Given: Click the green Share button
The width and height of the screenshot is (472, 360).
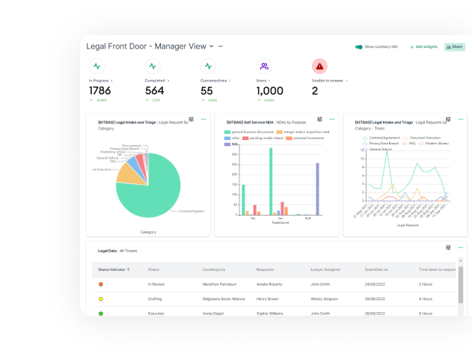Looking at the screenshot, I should click(454, 46).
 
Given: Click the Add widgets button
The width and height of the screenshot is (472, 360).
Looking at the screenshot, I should click(424, 46).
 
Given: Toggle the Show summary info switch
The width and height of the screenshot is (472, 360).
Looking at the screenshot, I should click(359, 46).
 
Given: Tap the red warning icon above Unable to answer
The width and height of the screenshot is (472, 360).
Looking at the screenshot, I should click(319, 66).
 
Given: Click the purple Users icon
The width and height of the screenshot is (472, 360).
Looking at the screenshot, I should click(263, 66).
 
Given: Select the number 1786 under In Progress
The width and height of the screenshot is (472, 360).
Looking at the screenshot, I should click(99, 91).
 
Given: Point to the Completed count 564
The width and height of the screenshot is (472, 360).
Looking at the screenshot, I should click(155, 91).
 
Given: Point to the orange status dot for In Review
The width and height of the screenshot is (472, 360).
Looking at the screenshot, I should click(101, 284).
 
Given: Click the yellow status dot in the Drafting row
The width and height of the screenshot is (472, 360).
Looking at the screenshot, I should click(101, 299).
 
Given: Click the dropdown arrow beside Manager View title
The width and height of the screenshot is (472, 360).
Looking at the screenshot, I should click(211, 46).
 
